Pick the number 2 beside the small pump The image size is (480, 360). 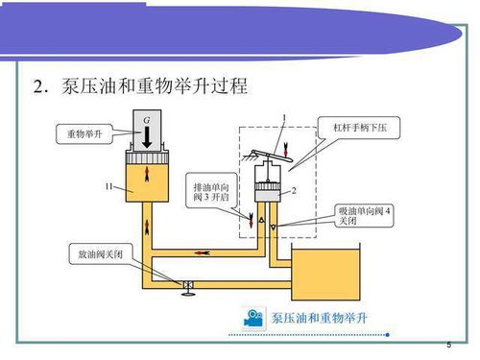293,190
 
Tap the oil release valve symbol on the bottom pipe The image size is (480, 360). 188,284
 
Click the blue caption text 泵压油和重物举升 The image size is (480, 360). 320,317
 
